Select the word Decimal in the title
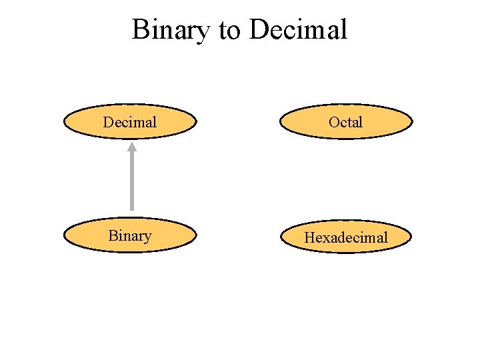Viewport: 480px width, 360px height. pyautogui.click(x=299, y=30)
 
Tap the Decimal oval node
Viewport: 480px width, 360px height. pyautogui.click(x=130, y=122)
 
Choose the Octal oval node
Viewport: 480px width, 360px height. pyautogui.click(x=346, y=122)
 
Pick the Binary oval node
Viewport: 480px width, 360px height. pyautogui.click(x=130, y=235)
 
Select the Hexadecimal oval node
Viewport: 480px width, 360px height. pyautogui.click(x=346, y=237)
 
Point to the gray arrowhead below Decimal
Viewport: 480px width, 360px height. pyautogui.click(x=132, y=147)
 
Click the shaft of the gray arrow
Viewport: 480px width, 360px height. pyautogui.click(x=132, y=183)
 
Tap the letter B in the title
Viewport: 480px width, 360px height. pyautogui.click(x=140, y=30)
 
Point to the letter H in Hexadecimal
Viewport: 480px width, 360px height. pyautogui.click(x=310, y=237)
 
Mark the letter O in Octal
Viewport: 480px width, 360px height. pyautogui.click(x=335, y=122)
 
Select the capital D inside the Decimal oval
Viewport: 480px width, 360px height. pyautogui.click(x=108, y=122)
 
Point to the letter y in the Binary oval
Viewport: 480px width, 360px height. pyautogui.click(x=147, y=237)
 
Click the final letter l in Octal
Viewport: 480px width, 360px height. pyautogui.click(x=361, y=122)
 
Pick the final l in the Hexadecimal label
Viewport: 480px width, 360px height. pyautogui.click(x=385, y=237)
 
